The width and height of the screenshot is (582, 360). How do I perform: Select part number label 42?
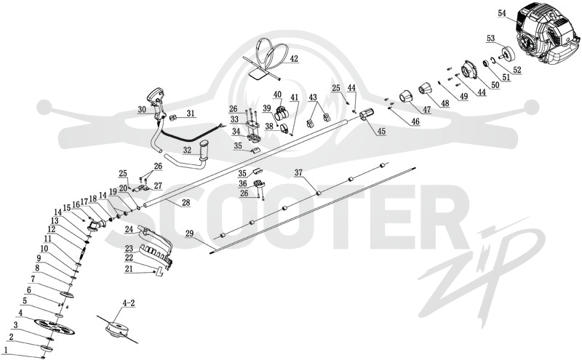[294, 59]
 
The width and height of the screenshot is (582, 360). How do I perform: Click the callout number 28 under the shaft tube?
[186, 203]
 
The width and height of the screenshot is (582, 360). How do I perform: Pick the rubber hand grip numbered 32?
[205, 148]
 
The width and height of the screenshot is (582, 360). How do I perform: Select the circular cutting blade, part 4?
[55, 327]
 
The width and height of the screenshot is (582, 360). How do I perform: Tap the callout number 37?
[299, 172]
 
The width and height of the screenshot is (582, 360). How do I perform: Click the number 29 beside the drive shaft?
[189, 233]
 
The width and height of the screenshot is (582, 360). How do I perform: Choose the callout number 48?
[445, 103]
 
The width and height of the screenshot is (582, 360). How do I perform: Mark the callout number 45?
[381, 132]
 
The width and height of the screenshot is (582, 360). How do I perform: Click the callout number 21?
[129, 269]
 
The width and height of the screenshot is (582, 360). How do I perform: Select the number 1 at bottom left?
[6, 350]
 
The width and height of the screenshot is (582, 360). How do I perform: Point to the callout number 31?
[191, 113]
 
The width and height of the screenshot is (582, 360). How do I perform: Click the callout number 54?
[502, 13]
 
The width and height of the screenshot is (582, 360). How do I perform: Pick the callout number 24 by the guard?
[129, 230]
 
